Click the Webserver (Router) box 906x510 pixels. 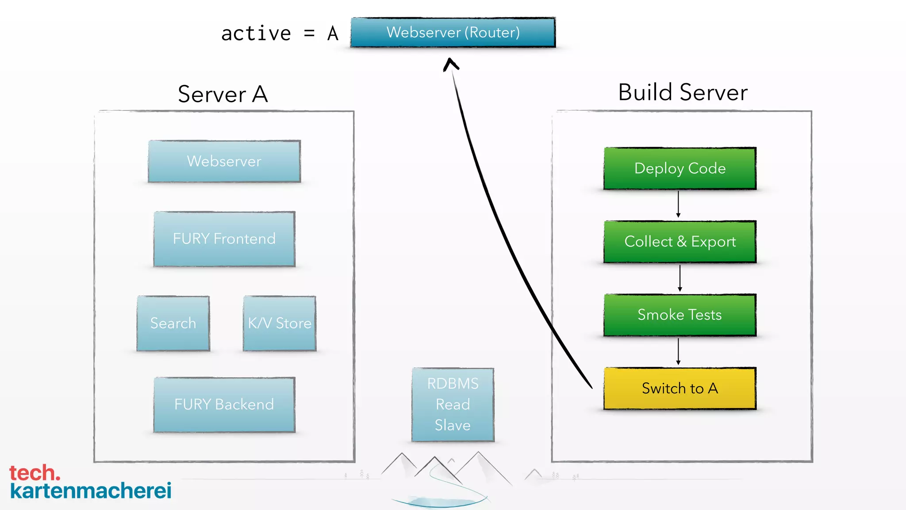(453, 32)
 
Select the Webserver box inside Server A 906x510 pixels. (224, 161)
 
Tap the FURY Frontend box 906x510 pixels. (224, 239)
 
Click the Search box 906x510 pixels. (173, 323)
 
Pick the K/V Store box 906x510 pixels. (280, 323)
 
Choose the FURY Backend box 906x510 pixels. (224, 405)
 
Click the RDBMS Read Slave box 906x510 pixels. (453, 405)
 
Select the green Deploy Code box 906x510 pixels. (680, 168)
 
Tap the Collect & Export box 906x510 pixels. (680, 242)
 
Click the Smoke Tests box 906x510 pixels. (680, 315)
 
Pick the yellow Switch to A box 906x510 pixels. (680, 388)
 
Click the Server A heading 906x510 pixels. (223, 94)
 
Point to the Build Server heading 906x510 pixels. (683, 92)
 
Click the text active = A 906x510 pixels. (280, 34)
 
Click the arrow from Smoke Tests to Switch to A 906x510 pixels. (678, 352)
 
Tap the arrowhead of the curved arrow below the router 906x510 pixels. (451, 64)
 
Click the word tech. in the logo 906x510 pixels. (35, 473)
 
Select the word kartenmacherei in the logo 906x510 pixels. (91, 491)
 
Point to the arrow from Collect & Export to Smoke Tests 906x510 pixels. (680, 278)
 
